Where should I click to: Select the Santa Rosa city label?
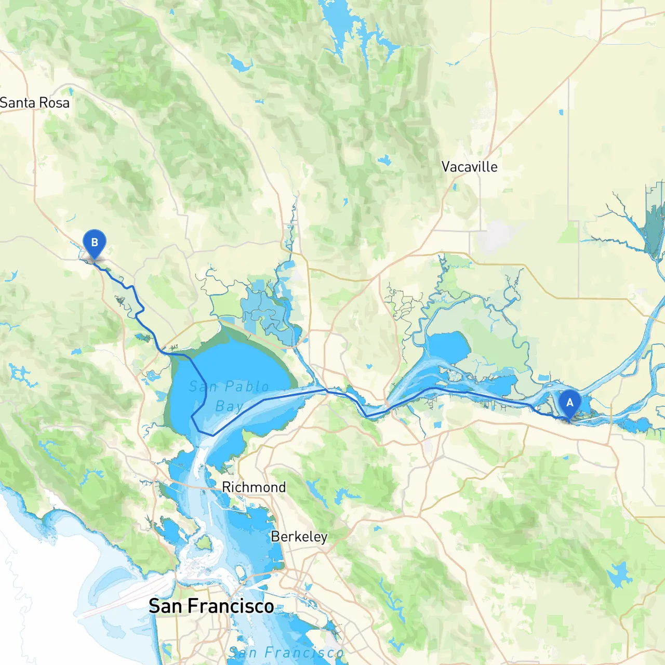pos(35,103)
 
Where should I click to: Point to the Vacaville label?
pos(469,167)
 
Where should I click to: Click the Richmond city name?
pos(254,487)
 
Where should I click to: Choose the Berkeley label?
pos(299,537)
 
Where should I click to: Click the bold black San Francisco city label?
pos(211,606)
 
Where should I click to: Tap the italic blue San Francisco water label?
pos(286,653)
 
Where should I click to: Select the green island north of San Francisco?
pos(204,543)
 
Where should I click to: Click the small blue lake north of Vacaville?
pos(384,161)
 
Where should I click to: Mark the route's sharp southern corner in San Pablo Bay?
pos(212,435)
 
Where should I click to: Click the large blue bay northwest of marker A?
pos(447,345)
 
